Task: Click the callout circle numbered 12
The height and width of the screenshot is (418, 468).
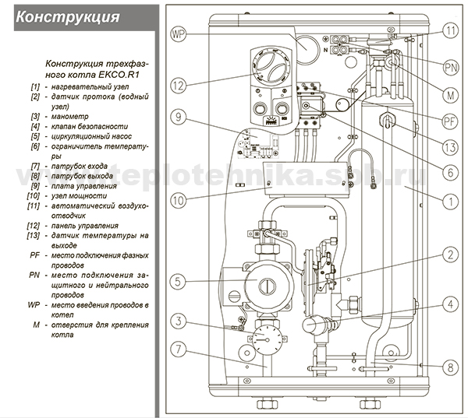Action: click(179, 85)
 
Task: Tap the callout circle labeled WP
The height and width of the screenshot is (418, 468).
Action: click(179, 34)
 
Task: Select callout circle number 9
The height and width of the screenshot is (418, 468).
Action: click(179, 118)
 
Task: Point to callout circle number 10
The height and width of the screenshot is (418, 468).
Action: click(179, 202)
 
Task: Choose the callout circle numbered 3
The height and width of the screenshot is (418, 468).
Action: click(179, 321)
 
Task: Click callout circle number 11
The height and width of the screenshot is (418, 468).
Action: click(450, 31)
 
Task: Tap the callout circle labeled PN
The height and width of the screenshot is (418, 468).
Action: click(450, 68)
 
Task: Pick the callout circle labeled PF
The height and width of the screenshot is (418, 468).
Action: click(450, 121)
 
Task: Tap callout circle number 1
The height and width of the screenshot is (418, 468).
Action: click(450, 200)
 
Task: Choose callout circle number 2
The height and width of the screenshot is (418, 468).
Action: click(450, 255)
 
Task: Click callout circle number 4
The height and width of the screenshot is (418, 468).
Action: click(450, 304)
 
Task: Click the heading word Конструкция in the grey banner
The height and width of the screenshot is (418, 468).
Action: click(67, 16)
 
